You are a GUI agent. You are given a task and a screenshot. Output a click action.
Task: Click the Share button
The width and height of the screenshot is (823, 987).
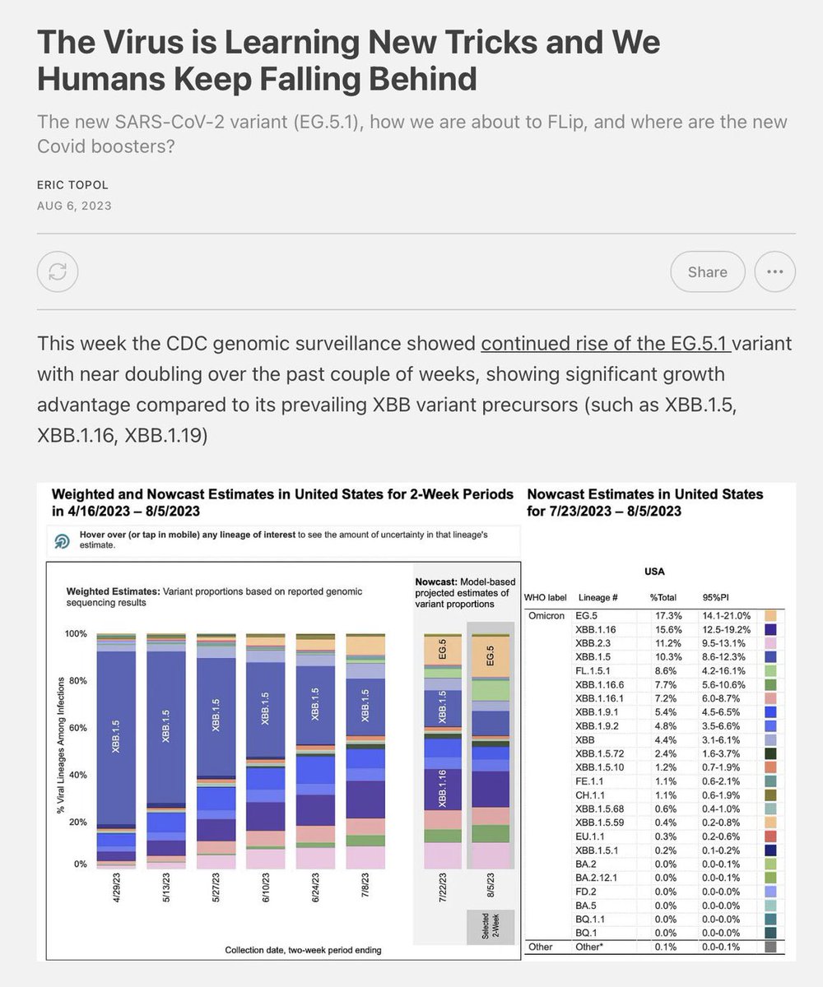tap(707, 271)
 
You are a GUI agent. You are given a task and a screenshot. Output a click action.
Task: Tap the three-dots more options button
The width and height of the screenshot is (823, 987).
tap(774, 271)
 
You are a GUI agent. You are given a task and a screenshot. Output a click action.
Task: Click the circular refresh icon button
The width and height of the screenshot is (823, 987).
tap(58, 271)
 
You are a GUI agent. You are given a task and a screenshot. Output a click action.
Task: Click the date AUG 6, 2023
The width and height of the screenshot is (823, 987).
tap(74, 206)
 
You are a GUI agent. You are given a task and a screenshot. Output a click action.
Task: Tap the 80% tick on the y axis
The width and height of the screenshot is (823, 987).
tap(76, 681)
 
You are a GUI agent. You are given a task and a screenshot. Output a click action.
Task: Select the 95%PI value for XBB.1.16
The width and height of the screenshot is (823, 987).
tap(728, 629)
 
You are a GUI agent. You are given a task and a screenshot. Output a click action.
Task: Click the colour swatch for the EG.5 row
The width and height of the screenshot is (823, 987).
tap(771, 615)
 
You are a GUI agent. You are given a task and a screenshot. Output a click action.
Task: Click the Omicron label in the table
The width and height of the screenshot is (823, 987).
tap(545, 615)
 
